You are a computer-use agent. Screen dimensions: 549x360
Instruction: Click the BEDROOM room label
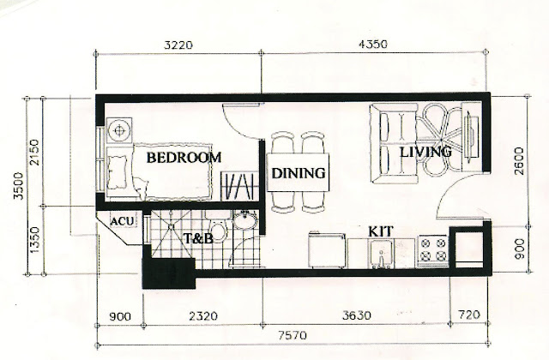(x=184, y=158)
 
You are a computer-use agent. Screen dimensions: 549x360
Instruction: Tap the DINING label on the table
(x=299, y=173)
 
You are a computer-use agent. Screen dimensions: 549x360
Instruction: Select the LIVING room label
(x=425, y=152)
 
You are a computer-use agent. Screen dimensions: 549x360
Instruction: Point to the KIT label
(x=381, y=231)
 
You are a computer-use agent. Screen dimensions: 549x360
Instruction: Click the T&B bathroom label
(x=198, y=238)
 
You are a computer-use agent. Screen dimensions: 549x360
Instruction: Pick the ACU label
(x=122, y=221)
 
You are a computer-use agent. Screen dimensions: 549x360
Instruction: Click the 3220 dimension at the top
(x=178, y=45)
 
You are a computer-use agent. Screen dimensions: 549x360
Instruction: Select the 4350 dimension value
(x=373, y=45)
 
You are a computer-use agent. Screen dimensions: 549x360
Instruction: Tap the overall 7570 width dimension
(x=293, y=336)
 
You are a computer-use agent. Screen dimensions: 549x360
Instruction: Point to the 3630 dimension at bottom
(x=357, y=315)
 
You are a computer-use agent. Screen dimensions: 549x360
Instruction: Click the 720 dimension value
(x=469, y=315)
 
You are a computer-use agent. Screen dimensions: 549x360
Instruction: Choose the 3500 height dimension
(x=18, y=185)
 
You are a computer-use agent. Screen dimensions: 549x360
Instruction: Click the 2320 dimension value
(x=203, y=316)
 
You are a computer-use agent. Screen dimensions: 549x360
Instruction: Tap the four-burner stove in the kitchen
(x=433, y=249)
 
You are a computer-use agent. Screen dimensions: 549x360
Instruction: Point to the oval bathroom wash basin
(x=245, y=220)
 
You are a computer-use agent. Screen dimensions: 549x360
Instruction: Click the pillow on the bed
(x=118, y=172)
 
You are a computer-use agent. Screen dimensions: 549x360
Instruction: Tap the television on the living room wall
(x=469, y=137)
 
